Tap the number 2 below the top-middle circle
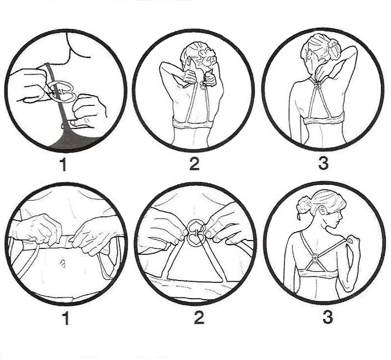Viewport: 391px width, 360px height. [194, 165]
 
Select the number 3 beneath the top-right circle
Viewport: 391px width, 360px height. [323, 164]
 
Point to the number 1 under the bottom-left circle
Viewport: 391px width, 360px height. [65, 318]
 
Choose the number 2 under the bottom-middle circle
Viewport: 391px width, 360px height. [199, 318]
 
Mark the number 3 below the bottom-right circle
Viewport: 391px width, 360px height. [328, 317]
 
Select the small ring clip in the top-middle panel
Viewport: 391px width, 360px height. [202, 85]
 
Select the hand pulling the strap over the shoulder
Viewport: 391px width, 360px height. [353, 242]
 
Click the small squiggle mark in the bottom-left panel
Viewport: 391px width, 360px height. [63, 263]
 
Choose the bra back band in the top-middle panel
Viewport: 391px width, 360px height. [193, 124]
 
